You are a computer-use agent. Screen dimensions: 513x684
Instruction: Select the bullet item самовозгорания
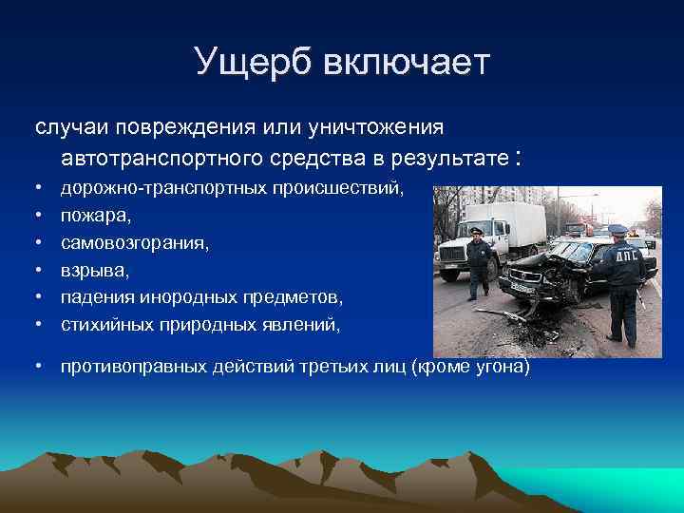tap(136, 243)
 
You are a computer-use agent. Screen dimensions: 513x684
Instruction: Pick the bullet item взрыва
tap(94, 270)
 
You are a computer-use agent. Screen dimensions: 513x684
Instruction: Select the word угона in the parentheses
tap(501, 367)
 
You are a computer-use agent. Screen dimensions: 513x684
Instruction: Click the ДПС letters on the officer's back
tap(628, 256)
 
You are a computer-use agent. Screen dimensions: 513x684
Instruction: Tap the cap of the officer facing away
tap(617, 229)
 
